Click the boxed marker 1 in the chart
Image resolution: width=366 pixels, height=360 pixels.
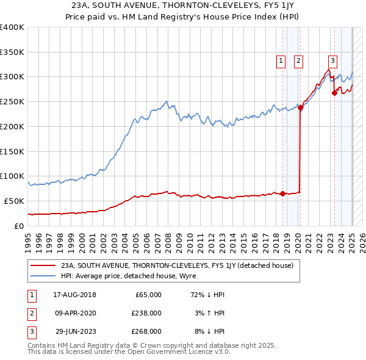(x=281, y=60)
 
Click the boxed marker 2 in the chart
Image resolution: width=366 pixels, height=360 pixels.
(x=298, y=60)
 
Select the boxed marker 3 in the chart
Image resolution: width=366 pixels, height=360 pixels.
(x=332, y=60)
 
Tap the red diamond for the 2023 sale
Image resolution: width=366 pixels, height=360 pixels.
(x=334, y=93)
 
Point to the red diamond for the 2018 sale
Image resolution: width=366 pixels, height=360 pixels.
(x=282, y=193)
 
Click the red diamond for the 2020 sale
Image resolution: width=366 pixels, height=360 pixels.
(x=301, y=107)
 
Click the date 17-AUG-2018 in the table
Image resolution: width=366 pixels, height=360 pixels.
(x=76, y=295)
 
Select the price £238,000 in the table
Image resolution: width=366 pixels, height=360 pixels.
(x=147, y=313)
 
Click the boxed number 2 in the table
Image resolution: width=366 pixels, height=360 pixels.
(x=31, y=313)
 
